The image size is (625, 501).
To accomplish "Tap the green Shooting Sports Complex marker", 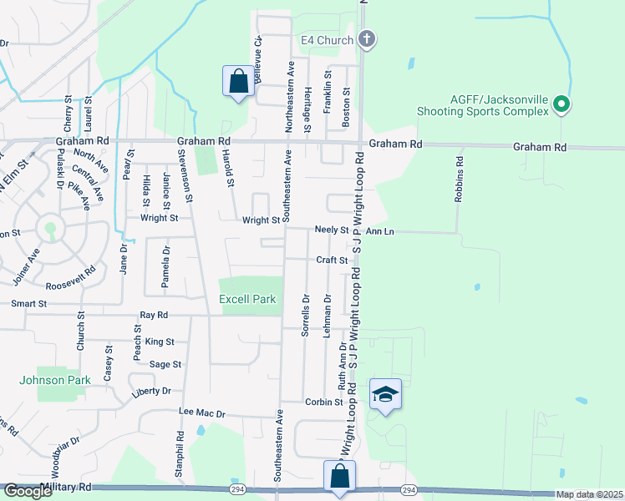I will [561, 105].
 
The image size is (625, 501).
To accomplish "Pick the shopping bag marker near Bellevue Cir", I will [239, 81].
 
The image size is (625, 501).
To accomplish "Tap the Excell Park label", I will [246, 299].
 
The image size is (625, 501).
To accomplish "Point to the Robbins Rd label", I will [458, 178].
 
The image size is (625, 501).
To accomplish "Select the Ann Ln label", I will [379, 230].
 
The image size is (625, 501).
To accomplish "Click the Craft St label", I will [332, 261].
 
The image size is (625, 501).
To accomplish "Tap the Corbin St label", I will [324, 402].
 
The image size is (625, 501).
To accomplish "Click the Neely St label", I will [331, 230].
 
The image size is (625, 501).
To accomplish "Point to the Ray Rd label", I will [154, 315].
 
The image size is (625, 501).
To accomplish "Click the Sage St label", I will [165, 364].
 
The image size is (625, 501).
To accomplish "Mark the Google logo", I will [28, 492].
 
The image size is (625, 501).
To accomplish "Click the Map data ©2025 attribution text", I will [589, 494].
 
